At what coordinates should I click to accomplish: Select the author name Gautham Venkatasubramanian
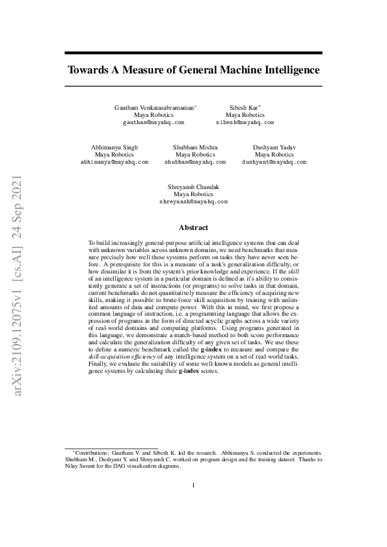153,107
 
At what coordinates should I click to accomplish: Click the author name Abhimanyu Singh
114,147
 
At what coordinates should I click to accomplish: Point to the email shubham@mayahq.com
194,162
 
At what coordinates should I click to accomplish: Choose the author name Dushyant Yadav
274,147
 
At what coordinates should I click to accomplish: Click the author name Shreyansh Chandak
193,187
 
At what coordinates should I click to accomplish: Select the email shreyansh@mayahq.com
193,201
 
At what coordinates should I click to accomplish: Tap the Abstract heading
193,227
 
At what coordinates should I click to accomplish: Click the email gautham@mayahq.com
153,122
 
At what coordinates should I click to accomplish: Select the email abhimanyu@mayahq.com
114,162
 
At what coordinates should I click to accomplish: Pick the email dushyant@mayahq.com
274,162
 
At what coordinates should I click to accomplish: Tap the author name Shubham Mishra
195,147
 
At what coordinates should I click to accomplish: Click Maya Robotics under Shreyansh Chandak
193,194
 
